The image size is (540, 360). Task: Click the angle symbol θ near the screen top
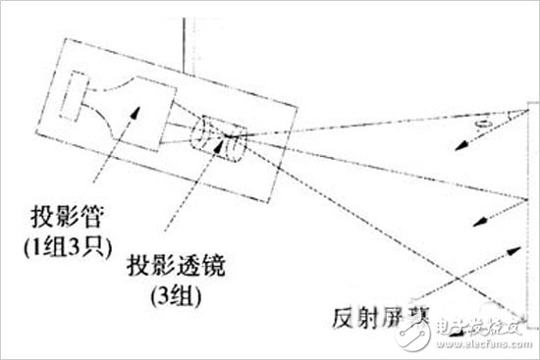(x=480, y=125)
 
